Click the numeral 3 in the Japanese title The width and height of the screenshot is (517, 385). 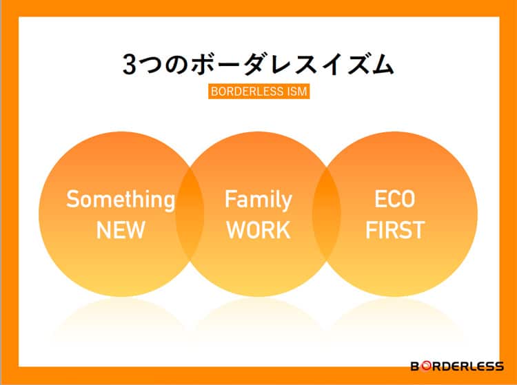point(129,64)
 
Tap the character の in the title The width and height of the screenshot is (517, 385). point(176,65)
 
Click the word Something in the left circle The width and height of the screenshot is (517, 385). point(121,200)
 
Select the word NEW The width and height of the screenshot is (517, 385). point(121,230)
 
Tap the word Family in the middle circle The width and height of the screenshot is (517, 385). point(258,200)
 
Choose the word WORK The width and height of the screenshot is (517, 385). point(258,230)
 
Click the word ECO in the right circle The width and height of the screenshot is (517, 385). point(395,199)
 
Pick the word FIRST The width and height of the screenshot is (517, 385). point(395,230)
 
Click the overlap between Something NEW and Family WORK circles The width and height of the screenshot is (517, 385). point(190,214)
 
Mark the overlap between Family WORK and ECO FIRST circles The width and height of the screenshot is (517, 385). point(327,214)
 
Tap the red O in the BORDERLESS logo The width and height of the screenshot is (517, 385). point(426,366)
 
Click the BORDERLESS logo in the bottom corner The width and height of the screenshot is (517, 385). point(457,366)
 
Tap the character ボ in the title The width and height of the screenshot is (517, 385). point(202,64)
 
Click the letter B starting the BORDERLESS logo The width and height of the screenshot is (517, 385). point(416,366)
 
